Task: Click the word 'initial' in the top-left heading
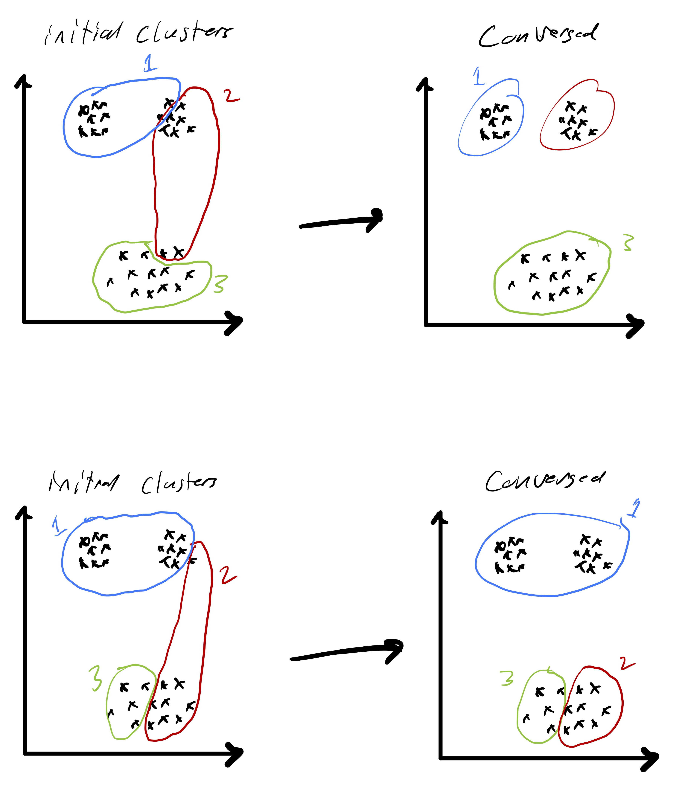(x=83, y=33)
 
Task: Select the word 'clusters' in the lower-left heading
(x=179, y=483)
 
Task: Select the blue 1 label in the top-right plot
(x=478, y=76)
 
